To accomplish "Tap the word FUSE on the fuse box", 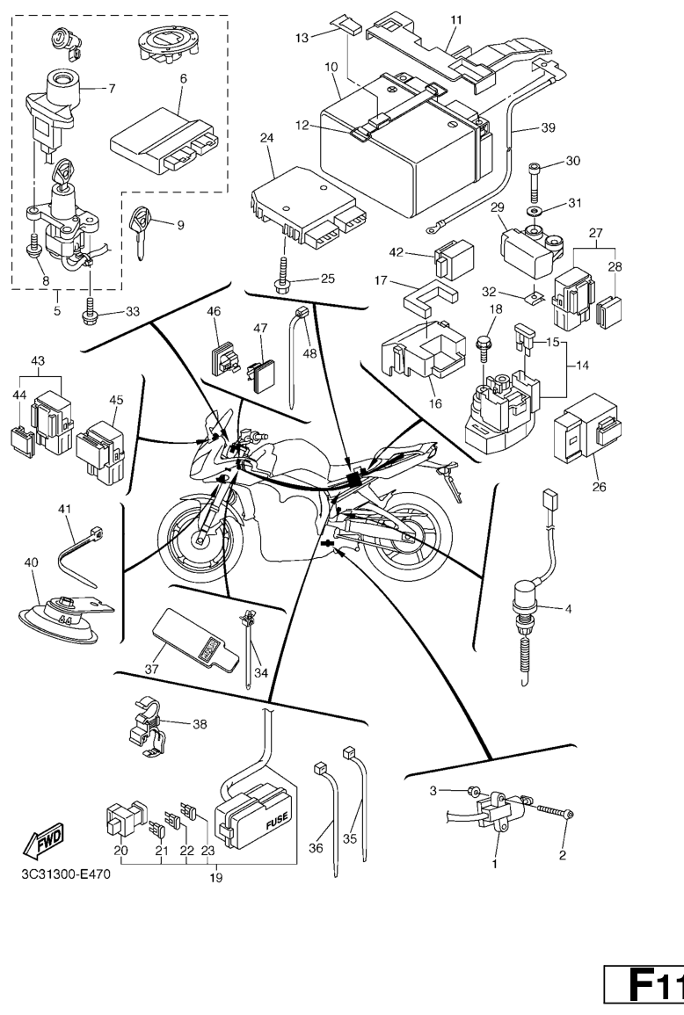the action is click(277, 823).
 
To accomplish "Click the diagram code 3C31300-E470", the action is click(65, 874).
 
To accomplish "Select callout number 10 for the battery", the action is click(331, 67).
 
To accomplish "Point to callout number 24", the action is click(267, 138).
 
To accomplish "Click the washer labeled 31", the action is click(535, 212).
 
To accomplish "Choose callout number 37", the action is click(151, 670).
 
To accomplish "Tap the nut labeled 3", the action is click(473, 790).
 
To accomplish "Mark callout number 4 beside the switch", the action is click(568, 609).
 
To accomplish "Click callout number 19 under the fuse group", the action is click(215, 878).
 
